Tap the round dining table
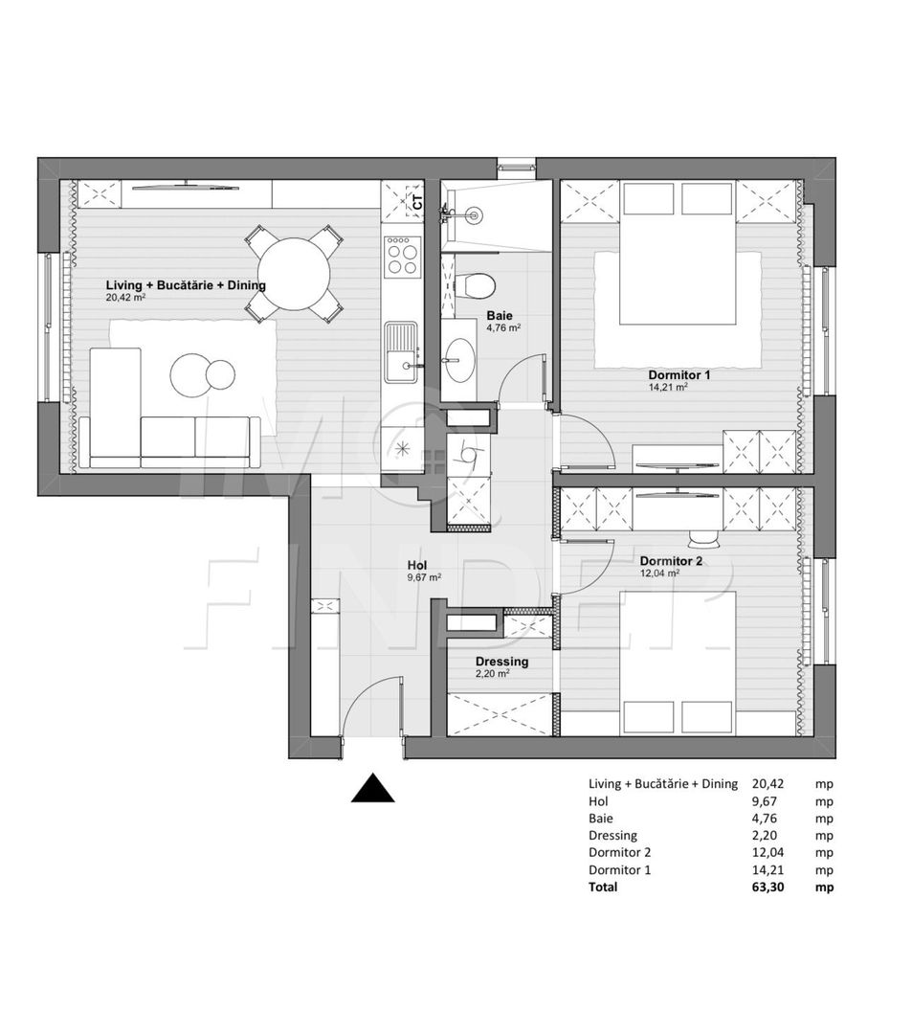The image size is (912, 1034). (x=295, y=274)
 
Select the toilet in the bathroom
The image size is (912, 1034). (x=475, y=285)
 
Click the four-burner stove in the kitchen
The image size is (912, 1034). (x=401, y=256)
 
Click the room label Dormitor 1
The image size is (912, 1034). (x=679, y=375)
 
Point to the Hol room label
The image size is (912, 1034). (x=416, y=565)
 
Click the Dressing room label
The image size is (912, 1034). (x=501, y=662)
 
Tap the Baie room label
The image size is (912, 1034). (x=499, y=315)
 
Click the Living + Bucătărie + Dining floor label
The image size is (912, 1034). (x=186, y=285)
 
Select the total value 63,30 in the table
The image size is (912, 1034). (x=768, y=887)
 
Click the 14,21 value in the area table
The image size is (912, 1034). (x=767, y=869)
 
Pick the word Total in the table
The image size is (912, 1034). (x=603, y=887)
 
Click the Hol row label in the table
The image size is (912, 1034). (x=598, y=800)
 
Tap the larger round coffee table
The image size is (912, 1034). (x=190, y=374)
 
